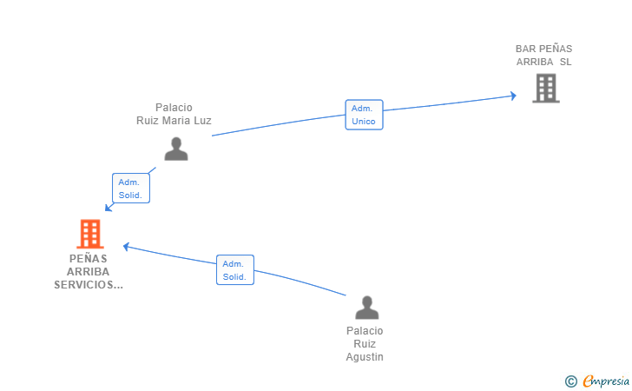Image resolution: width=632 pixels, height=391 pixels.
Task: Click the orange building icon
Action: click(x=90, y=234)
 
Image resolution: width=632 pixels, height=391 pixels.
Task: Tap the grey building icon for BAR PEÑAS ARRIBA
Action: click(x=546, y=88)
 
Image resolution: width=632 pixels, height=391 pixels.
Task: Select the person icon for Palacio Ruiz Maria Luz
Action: click(x=176, y=149)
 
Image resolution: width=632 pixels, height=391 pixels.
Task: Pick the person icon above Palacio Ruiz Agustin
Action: click(x=366, y=308)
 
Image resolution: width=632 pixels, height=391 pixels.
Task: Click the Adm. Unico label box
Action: click(x=364, y=115)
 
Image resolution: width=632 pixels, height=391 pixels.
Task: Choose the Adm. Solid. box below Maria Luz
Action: click(x=131, y=188)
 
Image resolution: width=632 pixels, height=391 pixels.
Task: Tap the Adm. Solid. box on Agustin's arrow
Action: click(x=235, y=269)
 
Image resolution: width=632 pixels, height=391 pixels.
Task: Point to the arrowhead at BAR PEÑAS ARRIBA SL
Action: click(x=514, y=96)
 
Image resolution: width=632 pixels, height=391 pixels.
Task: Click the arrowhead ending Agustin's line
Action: click(x=126, y=246)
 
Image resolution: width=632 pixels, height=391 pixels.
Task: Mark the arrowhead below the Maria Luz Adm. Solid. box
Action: click(x=108, y=208)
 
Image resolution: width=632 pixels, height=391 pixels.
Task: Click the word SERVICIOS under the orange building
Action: click(x=89, y=285)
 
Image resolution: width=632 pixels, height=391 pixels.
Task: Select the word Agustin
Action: click(x=365, y=357)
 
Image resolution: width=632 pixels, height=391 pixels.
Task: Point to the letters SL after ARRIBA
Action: click(x=565, y=62)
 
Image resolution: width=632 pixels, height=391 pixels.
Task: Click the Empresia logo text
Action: click(x=606, y=381)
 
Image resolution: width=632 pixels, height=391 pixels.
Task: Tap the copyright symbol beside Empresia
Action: click(x=570, y=381)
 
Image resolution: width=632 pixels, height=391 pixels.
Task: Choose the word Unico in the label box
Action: click(x=364, y=122)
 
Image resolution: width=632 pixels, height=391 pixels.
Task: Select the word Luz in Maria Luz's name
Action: click(x=202, y=121)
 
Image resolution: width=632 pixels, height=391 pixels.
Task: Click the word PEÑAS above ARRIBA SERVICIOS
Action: click(x=89, y=258)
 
